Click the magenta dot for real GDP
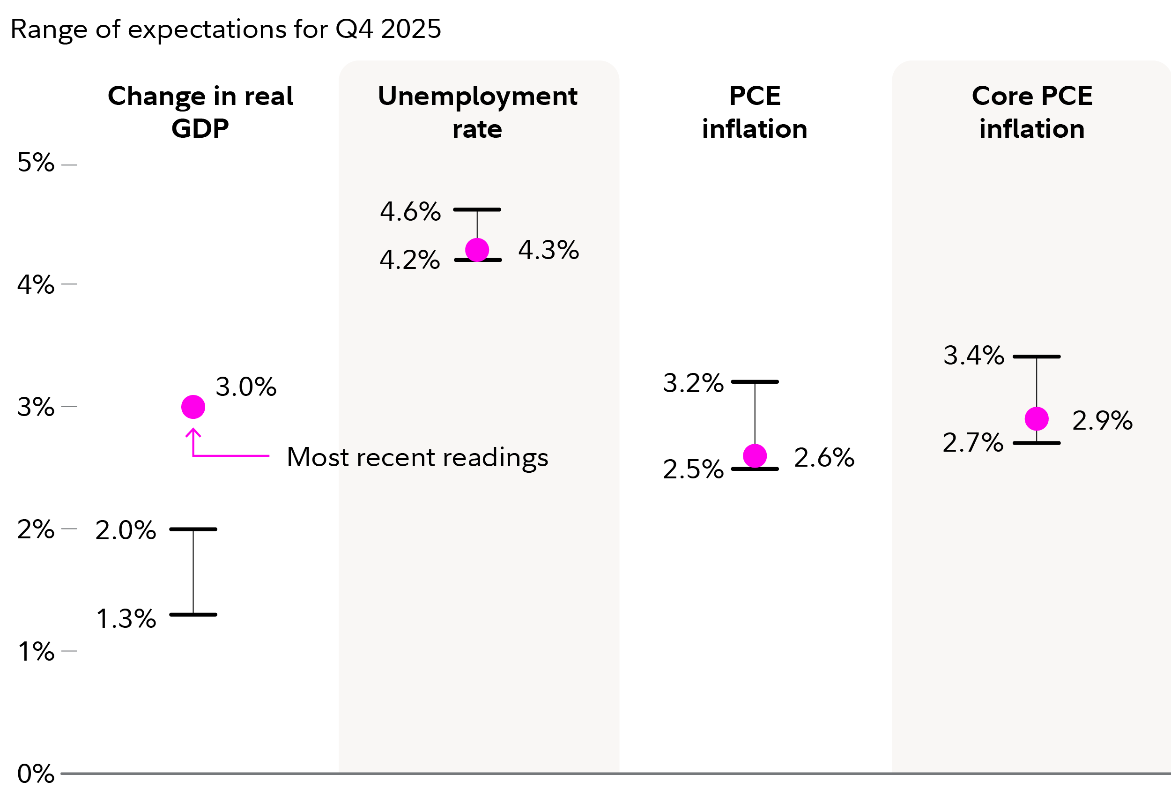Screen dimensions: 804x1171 [193, 407]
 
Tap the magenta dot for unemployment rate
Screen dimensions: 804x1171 [477, 250]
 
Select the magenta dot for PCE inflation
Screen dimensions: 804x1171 [755, 456]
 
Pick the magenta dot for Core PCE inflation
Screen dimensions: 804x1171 [1037, 419]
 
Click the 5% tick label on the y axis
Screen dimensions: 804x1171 [36, 163]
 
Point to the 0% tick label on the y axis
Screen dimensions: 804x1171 [36, 774]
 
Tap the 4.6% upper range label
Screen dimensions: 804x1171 [410, 212]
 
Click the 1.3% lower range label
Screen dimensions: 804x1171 [126, 619]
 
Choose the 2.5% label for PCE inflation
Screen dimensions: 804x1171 [693, 469]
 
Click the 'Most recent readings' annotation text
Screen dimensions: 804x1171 [417, 457]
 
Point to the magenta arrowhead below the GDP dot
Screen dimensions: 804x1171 [193, 432]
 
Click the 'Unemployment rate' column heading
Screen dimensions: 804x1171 [477, 112]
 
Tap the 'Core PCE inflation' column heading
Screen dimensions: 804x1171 [1031, 112]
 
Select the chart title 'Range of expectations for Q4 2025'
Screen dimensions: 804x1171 [226, 29]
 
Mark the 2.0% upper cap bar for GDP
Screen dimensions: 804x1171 [193, 529]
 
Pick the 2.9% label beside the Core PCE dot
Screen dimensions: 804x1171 [1102, 421]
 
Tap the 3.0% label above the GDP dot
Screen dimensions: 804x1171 [246, 387]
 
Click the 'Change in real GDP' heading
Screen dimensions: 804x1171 [200, 112]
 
